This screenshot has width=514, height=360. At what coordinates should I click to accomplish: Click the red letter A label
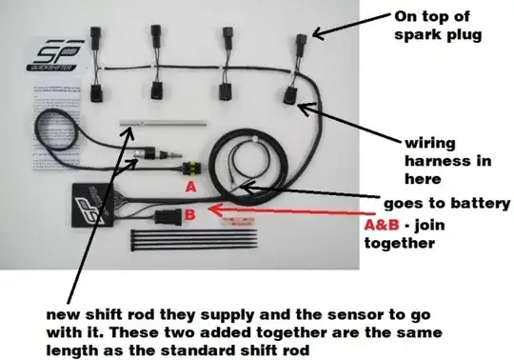(191, 188)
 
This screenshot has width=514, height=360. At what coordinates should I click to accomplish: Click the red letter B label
(189, 215)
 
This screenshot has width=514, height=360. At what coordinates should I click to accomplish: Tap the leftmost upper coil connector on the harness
(100, 44)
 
